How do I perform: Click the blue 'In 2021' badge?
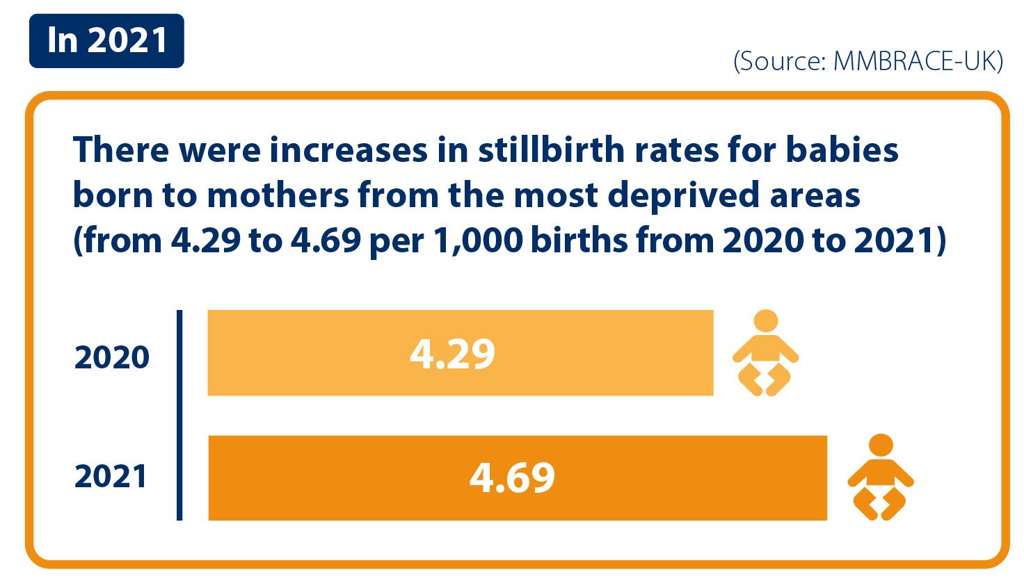tap(106, 40)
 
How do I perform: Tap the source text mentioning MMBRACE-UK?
tap(867, 61)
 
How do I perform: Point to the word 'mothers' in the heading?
tap(278, 195)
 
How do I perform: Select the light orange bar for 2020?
tap(460, 353)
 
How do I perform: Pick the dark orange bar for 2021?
tap(517, 477)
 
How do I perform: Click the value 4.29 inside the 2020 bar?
tap(452, 354)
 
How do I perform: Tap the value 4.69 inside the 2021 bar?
tap(513, 477)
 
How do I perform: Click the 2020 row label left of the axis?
tap(112, 357)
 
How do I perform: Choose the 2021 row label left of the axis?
tap(111, 477)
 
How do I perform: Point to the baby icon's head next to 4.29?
tap(765, 320)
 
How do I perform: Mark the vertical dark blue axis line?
tap(179, 415)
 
